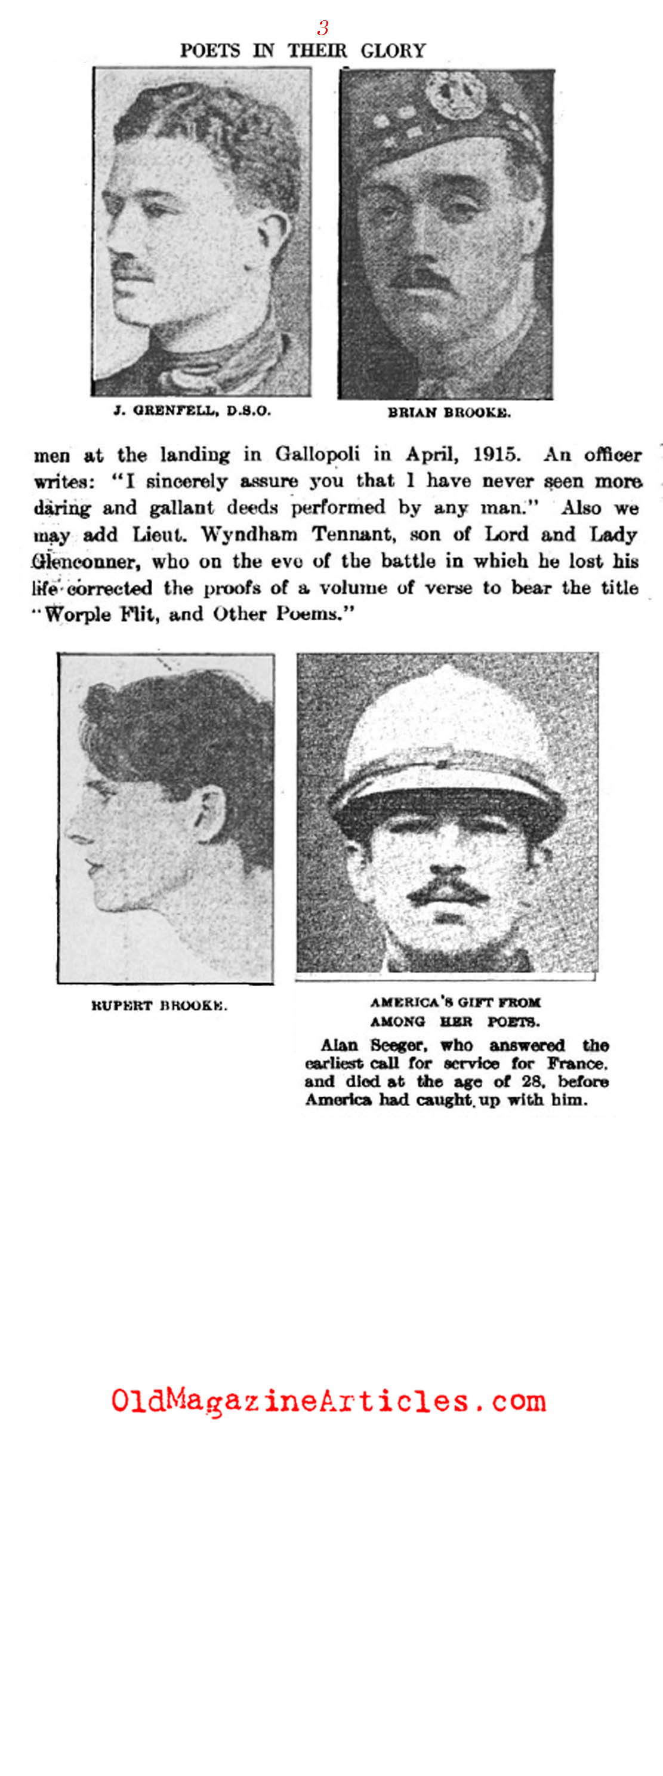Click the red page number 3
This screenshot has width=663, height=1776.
pyautogui.click(x=322, y=27)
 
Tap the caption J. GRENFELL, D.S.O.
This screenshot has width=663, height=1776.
pyautogui.click(x=192, y=411)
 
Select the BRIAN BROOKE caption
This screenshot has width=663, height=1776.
pyautogui.click(x=449, y=413)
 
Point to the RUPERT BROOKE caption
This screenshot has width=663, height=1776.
pyautogui.click(x=159, y=1005)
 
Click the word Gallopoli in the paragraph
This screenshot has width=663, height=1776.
pyautogui.click(x=317, y=455)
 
